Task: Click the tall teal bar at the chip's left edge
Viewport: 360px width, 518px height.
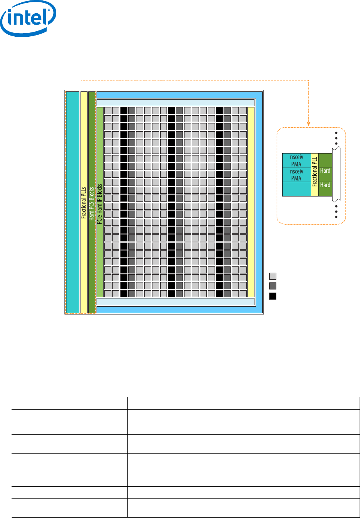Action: [x=73, y=202]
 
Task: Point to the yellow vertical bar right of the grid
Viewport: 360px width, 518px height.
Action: [x=251, y=202]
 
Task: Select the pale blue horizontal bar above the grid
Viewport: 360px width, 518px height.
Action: [x=176, y=103]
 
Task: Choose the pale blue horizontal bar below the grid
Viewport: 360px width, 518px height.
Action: [x=176, y=302]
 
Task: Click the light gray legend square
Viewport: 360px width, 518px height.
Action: [x=273, y=276]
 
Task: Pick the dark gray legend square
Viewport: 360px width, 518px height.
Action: [x=273, y=286]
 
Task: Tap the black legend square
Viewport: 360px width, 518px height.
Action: [x=273, y=296]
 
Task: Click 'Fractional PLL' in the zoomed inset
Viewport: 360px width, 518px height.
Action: [x=314, y=175]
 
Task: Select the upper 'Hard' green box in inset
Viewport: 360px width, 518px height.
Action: [x=325, y=171]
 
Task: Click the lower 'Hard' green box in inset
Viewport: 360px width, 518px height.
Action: [x=325, y=185]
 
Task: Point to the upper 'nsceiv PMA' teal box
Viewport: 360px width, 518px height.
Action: [x=297, y=161]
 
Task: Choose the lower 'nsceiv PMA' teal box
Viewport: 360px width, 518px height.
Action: [x=297, y=175]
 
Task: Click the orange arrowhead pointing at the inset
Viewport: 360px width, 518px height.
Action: [x=308, y=123]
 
